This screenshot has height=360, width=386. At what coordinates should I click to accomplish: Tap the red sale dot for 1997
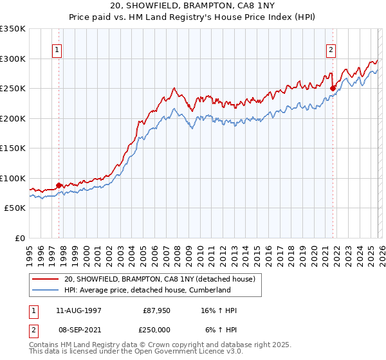tap(59, 186)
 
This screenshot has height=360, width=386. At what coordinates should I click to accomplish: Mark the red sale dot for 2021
tap(333, 89)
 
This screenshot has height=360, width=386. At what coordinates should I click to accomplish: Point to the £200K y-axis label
tap(12, 118)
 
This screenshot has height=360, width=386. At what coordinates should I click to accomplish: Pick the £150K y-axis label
tap(12, 148)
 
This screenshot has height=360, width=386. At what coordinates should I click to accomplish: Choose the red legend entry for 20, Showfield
tap(160, 279)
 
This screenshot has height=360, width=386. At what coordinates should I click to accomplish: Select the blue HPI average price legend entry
tap(147, 290)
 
